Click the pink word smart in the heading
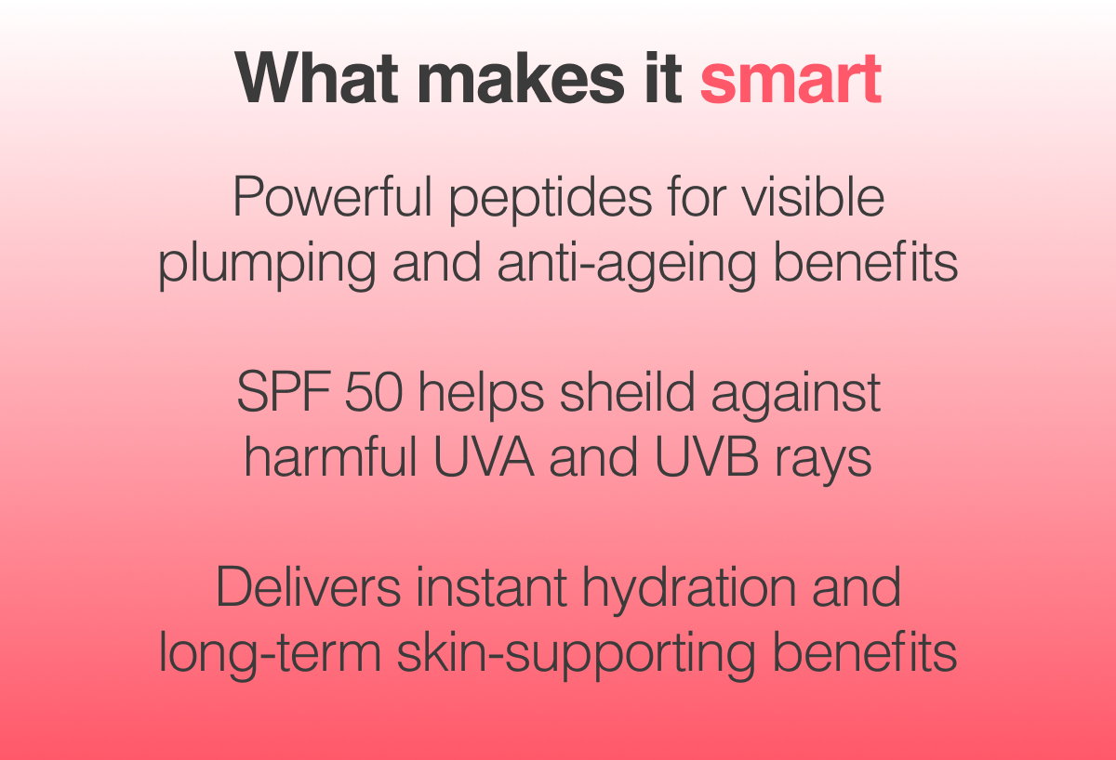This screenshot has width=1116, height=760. point(790,79)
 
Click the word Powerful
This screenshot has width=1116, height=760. point(332,197)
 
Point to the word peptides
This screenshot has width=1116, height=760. point(551,201)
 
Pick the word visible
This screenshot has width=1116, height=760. point(813,197)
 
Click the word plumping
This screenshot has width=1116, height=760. point(267,266)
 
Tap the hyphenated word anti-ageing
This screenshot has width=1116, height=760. point(627,266)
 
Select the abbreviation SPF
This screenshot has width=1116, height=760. point(284,392)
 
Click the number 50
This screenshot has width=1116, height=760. point(374,392)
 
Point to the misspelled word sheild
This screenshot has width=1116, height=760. point(627,392)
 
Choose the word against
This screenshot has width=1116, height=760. point(796,396)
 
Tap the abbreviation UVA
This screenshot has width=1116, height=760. point(484,457)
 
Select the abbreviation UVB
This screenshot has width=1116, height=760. point(707,457)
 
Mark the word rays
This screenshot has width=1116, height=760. point(823,462)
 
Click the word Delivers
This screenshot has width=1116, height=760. point(309,587)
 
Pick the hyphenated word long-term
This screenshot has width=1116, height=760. point(270,656)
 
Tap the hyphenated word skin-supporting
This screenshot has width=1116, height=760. point(577,656)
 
